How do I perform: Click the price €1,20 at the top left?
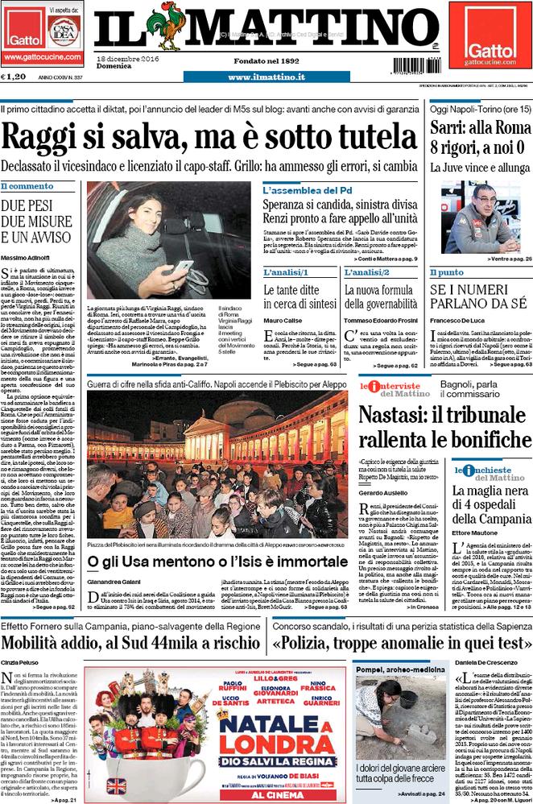14,77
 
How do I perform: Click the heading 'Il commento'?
27,186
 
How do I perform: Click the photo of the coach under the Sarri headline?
479,218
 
